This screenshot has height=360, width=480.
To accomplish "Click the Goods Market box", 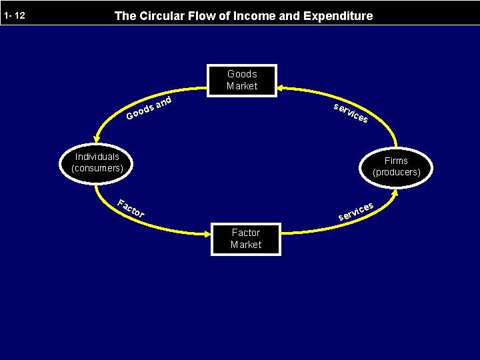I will tap(241, 80).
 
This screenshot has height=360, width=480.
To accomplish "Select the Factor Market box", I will tap(245, 239).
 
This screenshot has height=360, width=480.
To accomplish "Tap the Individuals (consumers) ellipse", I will tap(97, 163).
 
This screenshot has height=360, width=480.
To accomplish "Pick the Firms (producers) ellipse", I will tap(396, 166).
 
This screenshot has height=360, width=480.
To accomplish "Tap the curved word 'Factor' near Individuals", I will tap(131, 209).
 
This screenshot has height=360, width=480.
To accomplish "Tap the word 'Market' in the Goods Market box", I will tap(241, 86).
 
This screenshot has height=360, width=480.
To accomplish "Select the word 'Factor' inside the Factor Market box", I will tap(245, 233).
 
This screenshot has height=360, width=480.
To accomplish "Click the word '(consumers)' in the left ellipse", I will tap(97, 168).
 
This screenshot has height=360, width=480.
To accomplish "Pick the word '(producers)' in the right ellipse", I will tap(396, 172).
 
